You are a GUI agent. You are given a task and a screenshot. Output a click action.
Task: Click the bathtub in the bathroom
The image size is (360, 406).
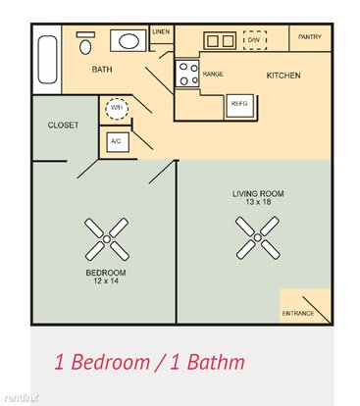pyautogui.click(x=48, y=60)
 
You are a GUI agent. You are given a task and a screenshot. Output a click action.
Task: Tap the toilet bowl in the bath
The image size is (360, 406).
pyautogui.click(x=85, y=47)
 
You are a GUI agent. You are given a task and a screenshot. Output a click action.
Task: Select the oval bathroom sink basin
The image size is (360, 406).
pyautogui.click(x=129, y=41)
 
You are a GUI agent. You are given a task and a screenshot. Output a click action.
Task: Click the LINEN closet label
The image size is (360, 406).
pyautogui.click(x=161, y=32)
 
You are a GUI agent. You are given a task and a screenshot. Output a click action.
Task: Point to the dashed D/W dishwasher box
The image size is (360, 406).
pyautogui.click(x=255, y=40)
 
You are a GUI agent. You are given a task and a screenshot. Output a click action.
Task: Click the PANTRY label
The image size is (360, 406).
pyautogui.click(x=310, y=37)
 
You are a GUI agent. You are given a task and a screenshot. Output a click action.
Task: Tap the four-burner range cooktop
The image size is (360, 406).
pyautogui.click(x=187, y=74)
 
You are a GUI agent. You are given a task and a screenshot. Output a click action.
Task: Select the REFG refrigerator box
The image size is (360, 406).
pyautogui.click(x=239, y=106)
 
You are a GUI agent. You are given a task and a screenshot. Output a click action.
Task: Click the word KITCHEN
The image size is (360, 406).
pyautogui.click(x=283, y=76)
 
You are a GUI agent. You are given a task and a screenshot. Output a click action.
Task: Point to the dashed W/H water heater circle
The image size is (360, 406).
pyautogui.click(x=117, y=109)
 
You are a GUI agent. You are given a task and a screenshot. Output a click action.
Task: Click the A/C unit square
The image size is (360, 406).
pyautogui.click(x=118, y=142)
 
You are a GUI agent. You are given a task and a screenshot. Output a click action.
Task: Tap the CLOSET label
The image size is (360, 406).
pyautogui.click(x=63, y=125)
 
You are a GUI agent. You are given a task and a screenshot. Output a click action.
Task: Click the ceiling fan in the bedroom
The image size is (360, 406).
pyautogui.click(x=107, y=239)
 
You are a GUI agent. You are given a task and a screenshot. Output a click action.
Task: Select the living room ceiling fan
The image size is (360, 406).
pyautogui.click(x=258, y=237)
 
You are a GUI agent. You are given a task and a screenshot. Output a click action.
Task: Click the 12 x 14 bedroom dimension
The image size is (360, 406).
pyautogui.click(x=106, y=280)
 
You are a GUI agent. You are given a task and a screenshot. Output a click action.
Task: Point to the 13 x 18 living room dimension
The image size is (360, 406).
pyautogui.click(x=258, y=202)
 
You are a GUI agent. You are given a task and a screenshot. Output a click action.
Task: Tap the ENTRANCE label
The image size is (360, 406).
pyautogui.click(x=298, y=313)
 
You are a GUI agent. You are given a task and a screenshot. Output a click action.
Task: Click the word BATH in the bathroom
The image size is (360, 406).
pyautogui.click(x=102, y=70)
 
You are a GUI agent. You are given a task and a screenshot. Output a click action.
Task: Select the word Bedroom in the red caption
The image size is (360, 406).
pyautogui.click(x=110, y=362)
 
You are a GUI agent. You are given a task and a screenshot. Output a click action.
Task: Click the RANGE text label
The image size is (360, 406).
pyautogui.click(x=213, y=75)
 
